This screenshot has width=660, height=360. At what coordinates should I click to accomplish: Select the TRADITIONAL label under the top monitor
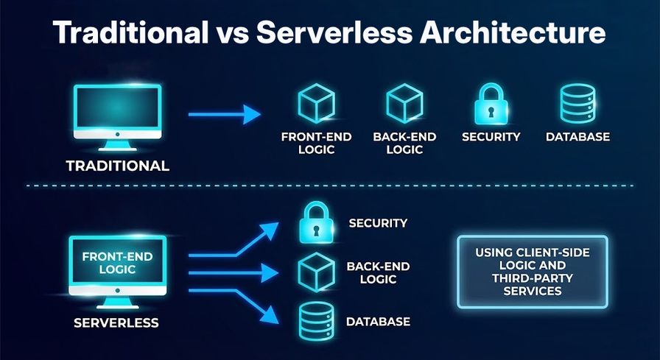(x=118, y=166)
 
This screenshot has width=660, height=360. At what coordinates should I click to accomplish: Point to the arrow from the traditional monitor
(x=225, y=114)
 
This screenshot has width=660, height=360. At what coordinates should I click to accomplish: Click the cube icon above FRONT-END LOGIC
(x=316, y=104)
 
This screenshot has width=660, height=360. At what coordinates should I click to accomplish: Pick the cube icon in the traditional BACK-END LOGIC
(x=404, y=104)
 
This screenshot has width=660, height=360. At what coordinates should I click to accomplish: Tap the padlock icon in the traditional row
(x=491, y=104)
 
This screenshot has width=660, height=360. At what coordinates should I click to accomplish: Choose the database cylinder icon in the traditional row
(x=577, y=104)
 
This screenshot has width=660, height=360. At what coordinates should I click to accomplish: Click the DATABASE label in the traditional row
(x=577, y=137)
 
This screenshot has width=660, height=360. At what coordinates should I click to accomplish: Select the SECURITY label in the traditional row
(x=491, y=137)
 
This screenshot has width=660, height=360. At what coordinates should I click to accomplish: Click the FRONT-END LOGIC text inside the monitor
(x=117, y=264)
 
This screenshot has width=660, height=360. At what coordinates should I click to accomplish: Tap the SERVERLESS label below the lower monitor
(x=116, y=322)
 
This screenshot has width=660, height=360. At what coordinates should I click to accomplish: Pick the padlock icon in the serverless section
(x=317, y=223)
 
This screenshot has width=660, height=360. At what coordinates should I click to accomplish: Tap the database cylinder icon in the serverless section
(x=317, y=322)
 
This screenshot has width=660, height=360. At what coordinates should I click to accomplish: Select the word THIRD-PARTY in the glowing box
(x=533, y=278)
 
